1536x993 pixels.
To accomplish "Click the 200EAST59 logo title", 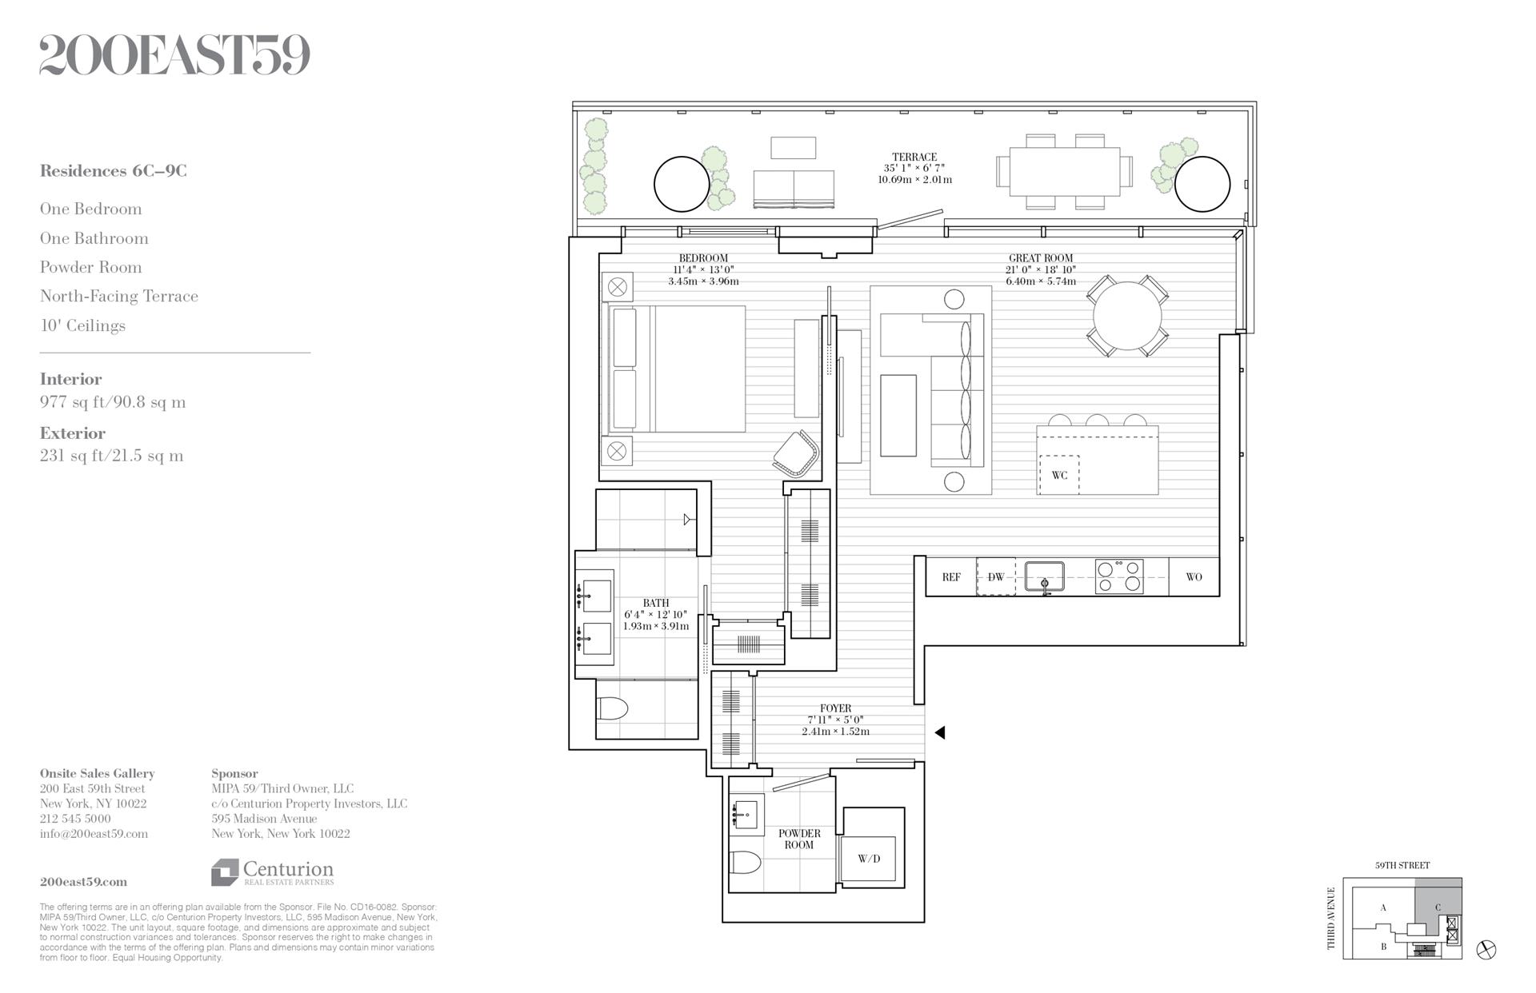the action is point(174,55).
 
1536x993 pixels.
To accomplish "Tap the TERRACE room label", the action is point(914,158).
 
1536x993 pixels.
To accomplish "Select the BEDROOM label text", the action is point(703,258).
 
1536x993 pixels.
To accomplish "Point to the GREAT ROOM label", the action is point(1040,258).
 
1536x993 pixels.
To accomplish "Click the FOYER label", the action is point(835,708).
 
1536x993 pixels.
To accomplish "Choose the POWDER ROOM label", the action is point(799,839).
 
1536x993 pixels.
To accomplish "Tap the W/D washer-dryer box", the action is point(868,859).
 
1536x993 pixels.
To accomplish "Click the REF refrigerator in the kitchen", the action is point(951,576).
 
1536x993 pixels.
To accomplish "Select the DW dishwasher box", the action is point(996,576).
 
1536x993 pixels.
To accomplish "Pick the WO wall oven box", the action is point(1194,576).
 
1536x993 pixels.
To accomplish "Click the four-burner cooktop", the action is point(1119,576).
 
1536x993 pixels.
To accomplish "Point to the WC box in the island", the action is point(1059,475).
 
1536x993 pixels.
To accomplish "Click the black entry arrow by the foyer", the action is point(940,732).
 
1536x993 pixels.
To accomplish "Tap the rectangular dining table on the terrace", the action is point(1064,171).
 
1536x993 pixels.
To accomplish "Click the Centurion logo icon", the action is point(225,872).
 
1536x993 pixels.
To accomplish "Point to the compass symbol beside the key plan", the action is point(1486,949).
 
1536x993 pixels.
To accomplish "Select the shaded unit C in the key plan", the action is point(1438,907).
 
